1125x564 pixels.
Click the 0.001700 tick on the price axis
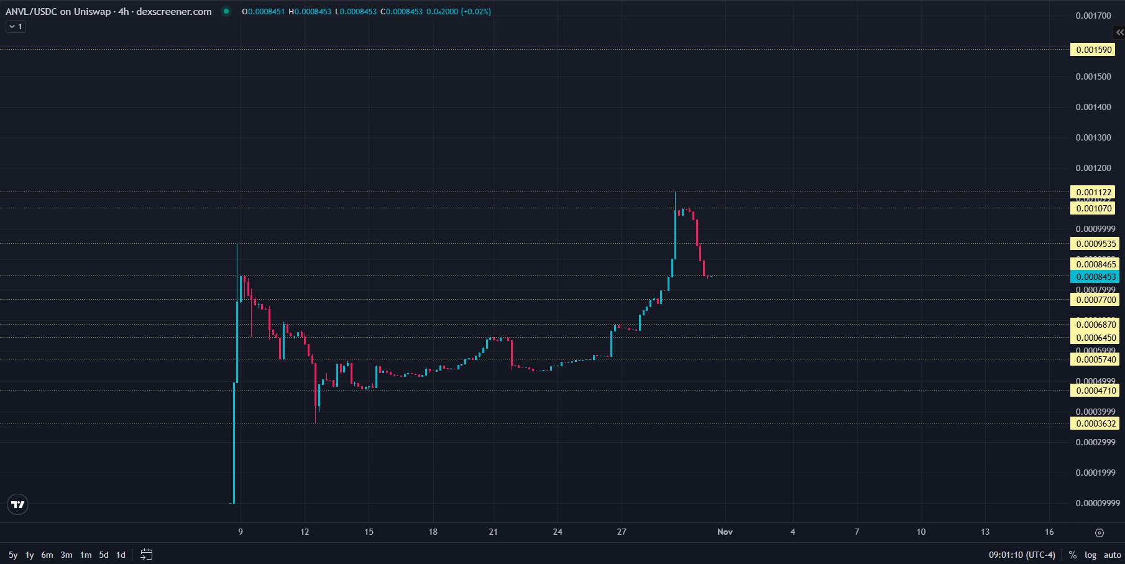[1093, 16]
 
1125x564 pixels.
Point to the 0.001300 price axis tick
[1093, 137]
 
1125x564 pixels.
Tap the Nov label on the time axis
[725, 532]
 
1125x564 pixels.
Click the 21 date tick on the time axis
[493, 532]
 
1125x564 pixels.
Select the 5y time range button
[13, 555]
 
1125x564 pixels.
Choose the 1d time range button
[121, 555]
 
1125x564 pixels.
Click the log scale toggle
[1090, 555]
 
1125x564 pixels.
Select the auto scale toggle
[1113, 555]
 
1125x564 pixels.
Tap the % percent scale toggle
[1072, 555]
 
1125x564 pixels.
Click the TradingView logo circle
[18, 504]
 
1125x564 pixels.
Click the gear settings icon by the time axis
[1099, 532]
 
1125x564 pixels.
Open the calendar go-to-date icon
[147, 554]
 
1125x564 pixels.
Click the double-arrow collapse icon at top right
[1119, 32]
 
